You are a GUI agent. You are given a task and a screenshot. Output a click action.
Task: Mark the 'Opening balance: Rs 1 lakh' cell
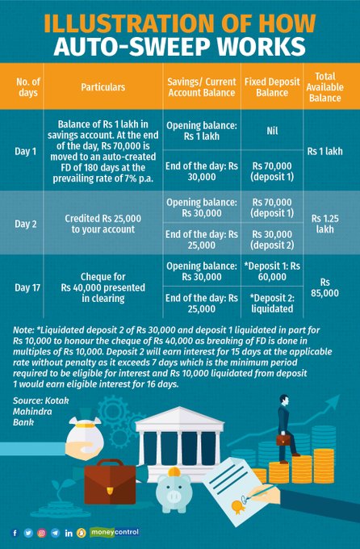point(201,127)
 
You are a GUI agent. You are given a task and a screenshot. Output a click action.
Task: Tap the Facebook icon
point(15,533)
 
